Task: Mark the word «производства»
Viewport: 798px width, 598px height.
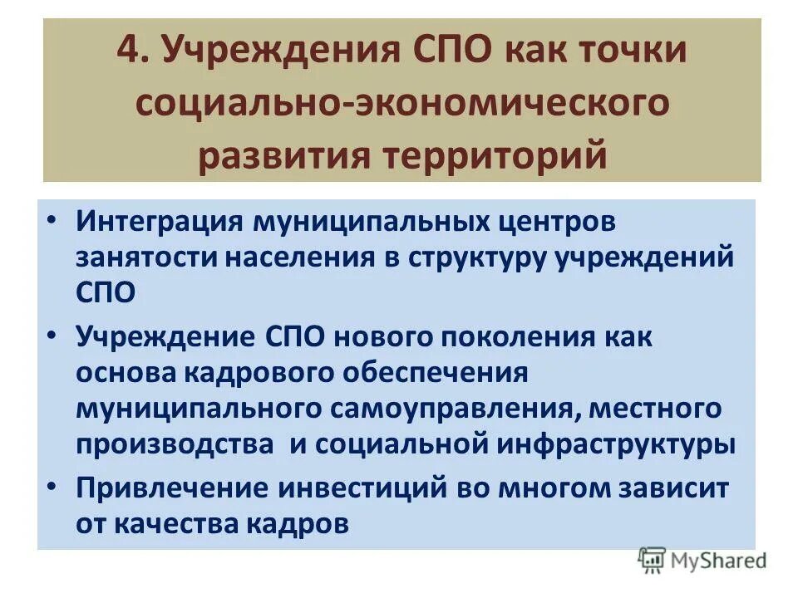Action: tap(175, 444)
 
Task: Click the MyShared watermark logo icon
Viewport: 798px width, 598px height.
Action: tap(653, 561)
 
